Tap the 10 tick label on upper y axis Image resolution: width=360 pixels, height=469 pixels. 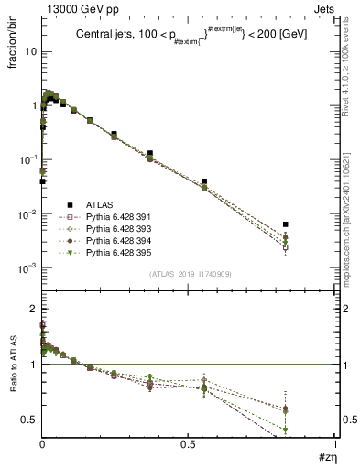pos(29,51)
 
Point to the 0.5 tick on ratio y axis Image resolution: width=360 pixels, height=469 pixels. pos(29,420)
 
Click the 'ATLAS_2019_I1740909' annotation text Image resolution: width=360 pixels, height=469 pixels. pos(188,275)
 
